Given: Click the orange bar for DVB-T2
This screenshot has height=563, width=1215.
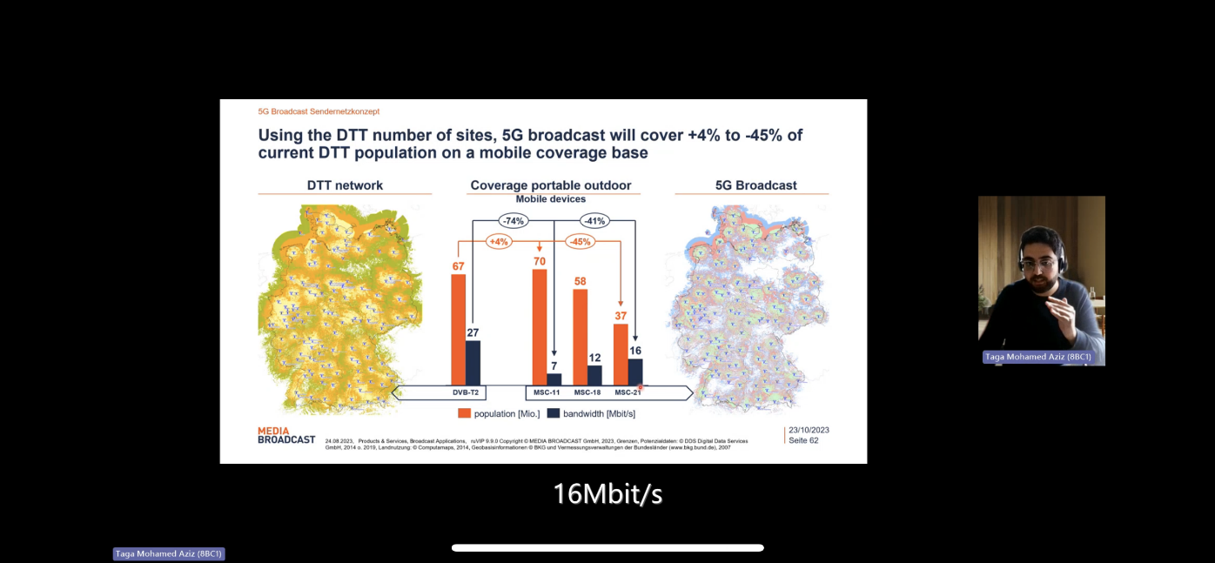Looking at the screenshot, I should tap(458, 329).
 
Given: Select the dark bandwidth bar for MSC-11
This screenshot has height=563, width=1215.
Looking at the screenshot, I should tap(554, 379).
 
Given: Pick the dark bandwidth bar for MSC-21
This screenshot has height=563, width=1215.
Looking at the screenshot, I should tap(635, 371).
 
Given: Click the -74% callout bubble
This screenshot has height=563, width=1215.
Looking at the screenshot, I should tap(513, 221).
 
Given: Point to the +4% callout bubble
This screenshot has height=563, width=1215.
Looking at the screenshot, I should tap(499, 241).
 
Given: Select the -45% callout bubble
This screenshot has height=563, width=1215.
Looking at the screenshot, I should tap(580, 241).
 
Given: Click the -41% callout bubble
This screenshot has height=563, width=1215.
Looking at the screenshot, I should tap(594, 221).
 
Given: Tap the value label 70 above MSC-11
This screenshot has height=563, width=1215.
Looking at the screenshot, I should tap(539, 260).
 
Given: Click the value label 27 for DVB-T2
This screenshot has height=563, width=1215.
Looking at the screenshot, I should tap(473, 332).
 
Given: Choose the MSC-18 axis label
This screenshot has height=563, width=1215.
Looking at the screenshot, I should tap(587, 392).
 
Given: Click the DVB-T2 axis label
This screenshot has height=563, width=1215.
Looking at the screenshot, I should tap(465, 392).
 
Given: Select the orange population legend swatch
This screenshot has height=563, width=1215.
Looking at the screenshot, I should tap(465, 412).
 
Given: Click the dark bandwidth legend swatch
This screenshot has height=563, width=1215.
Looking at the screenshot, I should tap(553, 412).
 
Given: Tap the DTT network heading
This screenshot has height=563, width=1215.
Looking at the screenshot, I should tap(345, 185).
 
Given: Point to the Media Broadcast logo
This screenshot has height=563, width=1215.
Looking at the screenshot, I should tap(286, 435).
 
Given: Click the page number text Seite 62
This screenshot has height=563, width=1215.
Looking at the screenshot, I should tap(802, 440).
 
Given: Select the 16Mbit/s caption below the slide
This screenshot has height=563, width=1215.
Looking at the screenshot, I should tap(607, 494).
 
